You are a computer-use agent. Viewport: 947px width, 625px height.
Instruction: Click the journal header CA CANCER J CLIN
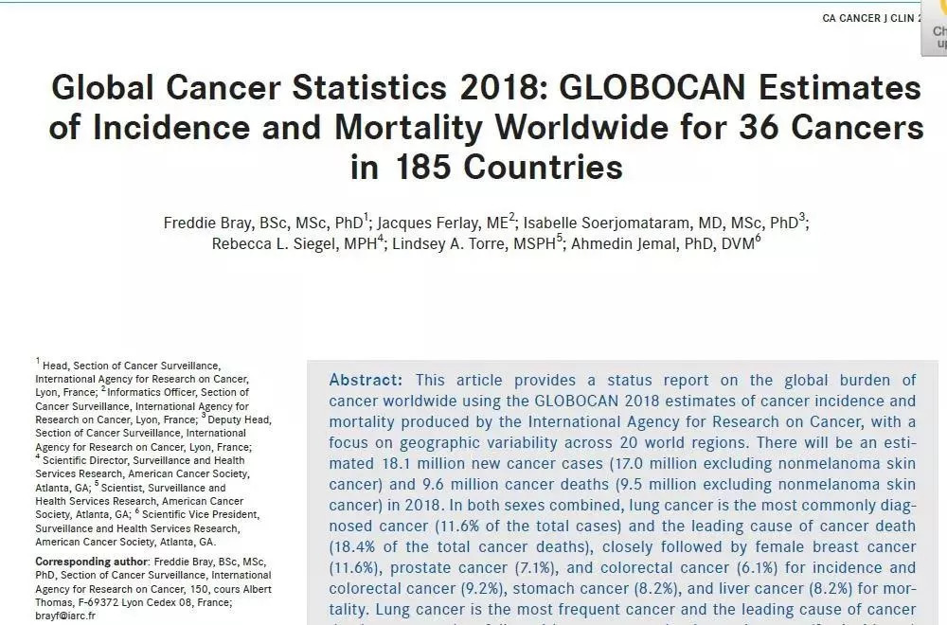click(x=867, y=18)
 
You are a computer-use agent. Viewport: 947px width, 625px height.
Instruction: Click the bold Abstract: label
click(x=366, y=380)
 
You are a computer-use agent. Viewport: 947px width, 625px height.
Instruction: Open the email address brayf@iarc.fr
click(x=65, y=615)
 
